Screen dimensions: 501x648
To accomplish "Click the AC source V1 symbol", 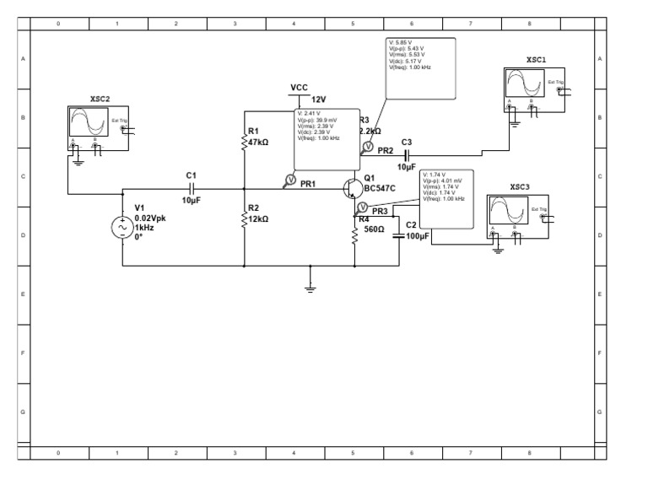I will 123,229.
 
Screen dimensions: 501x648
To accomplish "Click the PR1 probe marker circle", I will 289,180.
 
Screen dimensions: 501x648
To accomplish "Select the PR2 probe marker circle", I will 367,147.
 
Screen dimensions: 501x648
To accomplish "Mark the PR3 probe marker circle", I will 362,207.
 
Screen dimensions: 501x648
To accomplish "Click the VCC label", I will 299,88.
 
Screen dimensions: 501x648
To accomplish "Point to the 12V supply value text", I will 318,99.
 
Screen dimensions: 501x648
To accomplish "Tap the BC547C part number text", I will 378,188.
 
